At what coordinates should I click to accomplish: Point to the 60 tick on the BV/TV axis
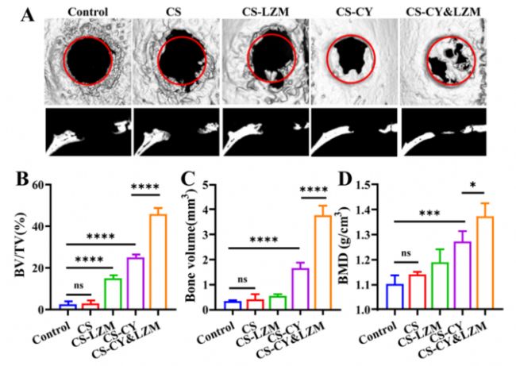coord(49,185)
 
